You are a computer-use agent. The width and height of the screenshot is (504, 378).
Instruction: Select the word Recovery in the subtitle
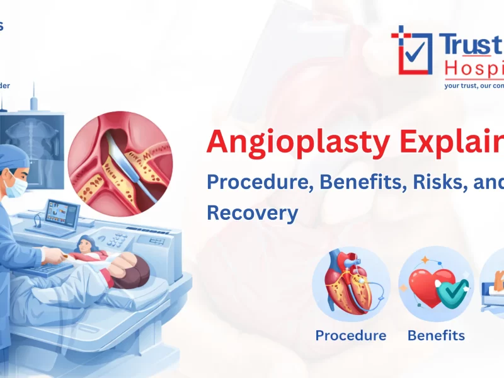252,212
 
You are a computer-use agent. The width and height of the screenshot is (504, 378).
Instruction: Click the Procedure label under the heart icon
350,335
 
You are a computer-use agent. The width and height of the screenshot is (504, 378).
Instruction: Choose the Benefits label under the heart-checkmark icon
436,335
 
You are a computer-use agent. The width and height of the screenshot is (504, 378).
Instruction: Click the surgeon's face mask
18,187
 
